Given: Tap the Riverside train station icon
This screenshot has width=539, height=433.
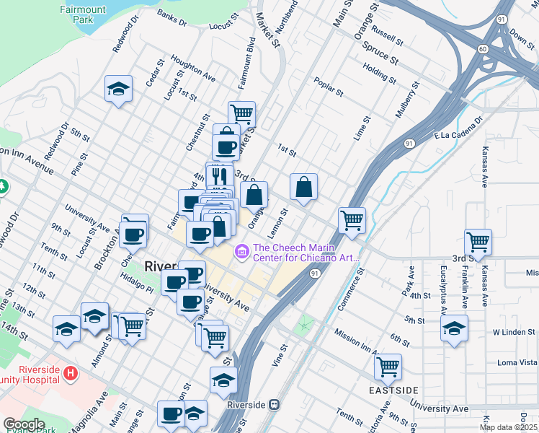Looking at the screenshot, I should (273, 405).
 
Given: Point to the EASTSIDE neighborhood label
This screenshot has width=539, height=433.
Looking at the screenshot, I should (392, 390).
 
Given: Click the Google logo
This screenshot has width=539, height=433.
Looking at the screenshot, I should (24, 424).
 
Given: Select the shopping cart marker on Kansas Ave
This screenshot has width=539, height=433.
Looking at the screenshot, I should (478, 242).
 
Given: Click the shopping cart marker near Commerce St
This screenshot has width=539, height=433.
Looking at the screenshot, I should (352, 220).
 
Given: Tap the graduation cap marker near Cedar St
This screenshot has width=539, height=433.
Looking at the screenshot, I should (118, 89).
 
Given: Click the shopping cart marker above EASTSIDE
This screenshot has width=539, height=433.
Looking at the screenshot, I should (388, 367).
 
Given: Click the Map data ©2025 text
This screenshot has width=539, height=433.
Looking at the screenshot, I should (509, 427).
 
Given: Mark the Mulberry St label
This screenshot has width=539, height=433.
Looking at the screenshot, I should (406, 100).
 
